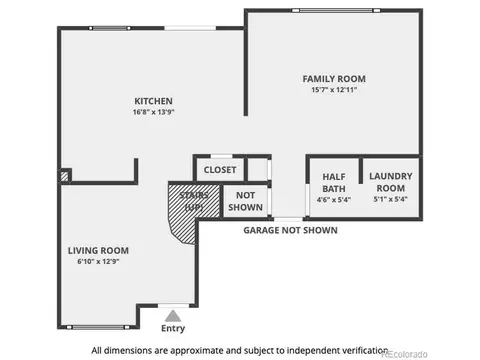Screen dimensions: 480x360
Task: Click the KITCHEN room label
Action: click(x=153, y=101)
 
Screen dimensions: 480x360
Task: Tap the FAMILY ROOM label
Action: click(x=334, y=79)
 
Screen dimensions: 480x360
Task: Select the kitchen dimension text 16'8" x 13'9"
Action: click(x=153, y=112)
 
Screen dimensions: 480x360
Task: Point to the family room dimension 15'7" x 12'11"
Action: click(x=334, y=90)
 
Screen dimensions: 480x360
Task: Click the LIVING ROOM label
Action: click(x=98, y=251)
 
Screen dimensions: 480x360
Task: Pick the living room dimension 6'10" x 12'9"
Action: click(x=98, y=261)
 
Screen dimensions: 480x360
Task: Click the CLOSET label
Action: click(x=220, y=170)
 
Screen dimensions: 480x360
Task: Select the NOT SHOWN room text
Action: click(x=245, y=201)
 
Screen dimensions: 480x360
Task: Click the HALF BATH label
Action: click(x=334, y=183)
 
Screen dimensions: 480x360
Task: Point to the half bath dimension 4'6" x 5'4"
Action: click(x=334, y=200)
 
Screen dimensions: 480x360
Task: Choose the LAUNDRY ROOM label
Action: click(x=391, y=182)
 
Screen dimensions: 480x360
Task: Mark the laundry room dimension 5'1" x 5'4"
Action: click(x=391, y=199)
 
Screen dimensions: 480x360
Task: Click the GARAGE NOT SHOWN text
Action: click(x=290, y=230)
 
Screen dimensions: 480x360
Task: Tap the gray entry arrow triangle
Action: click(x=173, y=316)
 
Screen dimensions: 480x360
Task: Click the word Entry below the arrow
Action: click(x=173, y=329)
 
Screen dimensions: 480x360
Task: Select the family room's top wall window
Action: click(x=336, y=11)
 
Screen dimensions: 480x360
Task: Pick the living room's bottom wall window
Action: click(x=98, y=327)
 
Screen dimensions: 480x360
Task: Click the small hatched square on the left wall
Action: click(x=64, y=176)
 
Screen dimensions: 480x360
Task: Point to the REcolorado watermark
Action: click(x=404, y=354)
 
